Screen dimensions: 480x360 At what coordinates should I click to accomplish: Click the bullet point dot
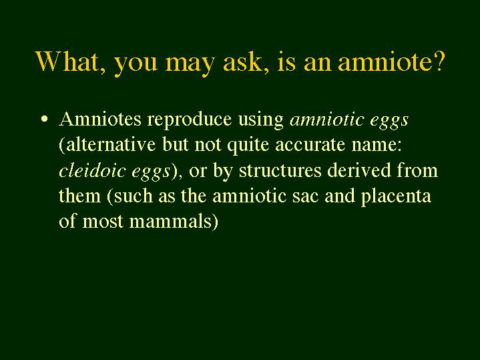click(44, 119)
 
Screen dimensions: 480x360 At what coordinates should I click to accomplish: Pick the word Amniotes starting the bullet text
click(100, 119)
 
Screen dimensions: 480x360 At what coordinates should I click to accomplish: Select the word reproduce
click(190, 120)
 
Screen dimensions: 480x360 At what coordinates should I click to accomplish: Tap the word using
click(261, 120)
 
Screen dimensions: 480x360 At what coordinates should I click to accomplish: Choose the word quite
click(248, 146)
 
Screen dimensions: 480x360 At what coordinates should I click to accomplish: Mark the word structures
click(280, 171)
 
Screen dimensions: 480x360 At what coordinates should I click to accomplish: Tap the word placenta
click(396, 197)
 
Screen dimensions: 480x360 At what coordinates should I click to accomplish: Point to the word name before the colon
click(373, 146)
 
